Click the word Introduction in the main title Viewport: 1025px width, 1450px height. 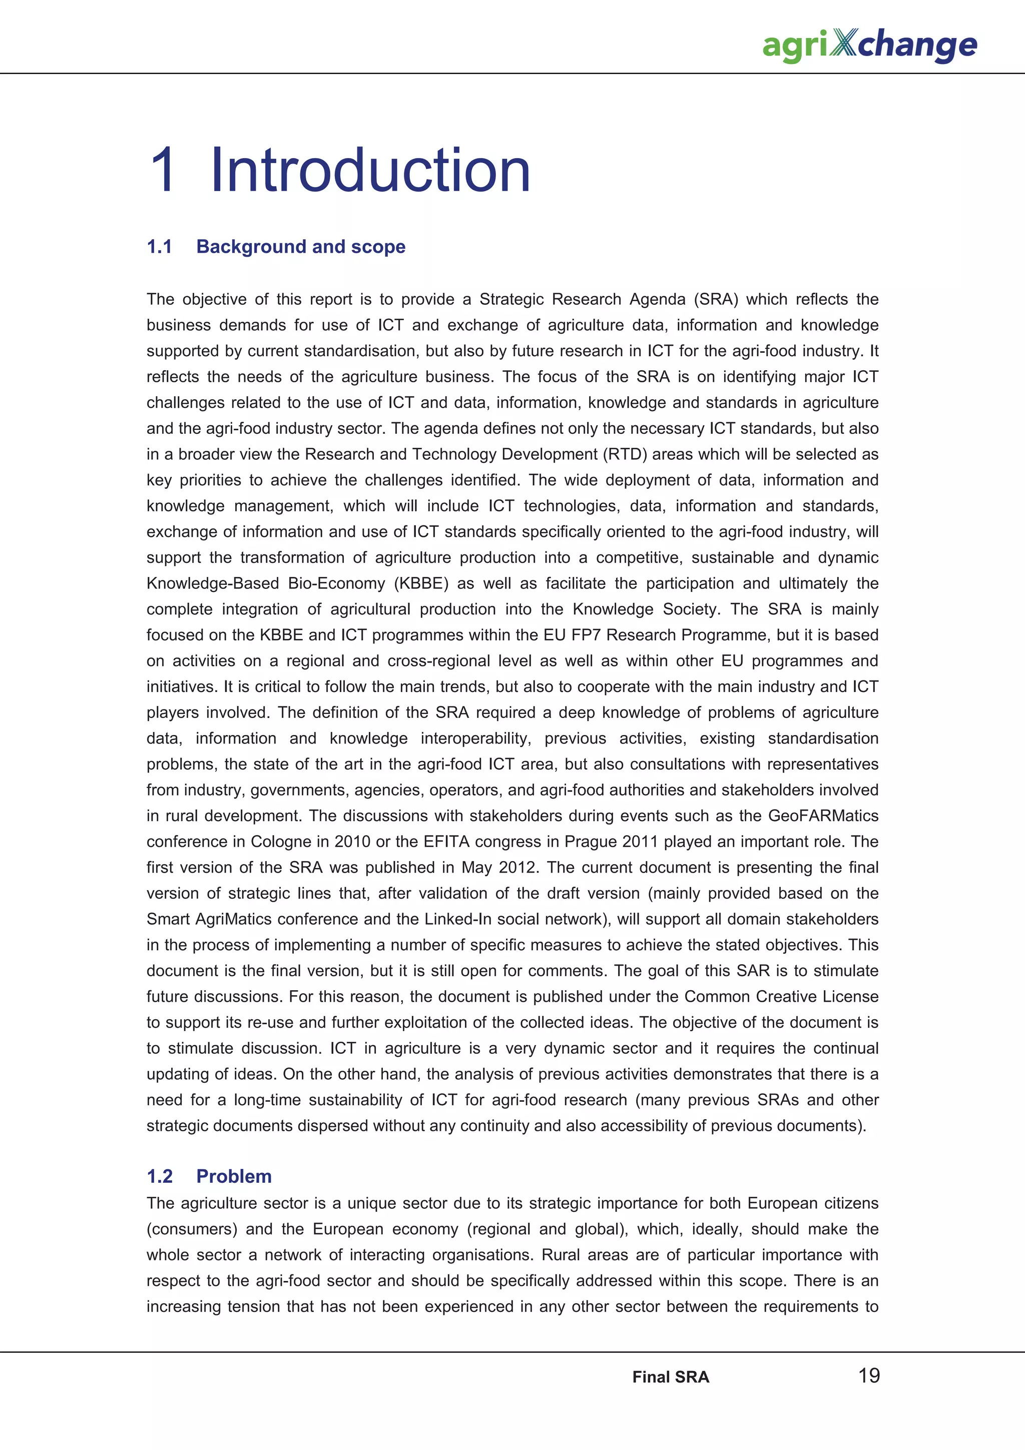point(369,171)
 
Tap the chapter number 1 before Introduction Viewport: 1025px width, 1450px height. point(163,171)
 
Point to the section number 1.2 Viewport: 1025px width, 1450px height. point(159,1176)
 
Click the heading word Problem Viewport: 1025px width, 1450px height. point(234,1176)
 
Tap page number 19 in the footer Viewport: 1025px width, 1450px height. point(868,1375)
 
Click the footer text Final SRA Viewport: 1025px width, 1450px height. point(670,1377)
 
